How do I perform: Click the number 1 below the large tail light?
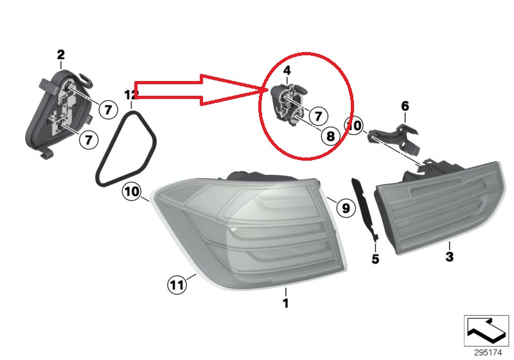coord(286,303)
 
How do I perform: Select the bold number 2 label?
coord(61,55)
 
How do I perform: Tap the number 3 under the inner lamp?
coord(449,256)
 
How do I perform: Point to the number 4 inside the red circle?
coord(287,70)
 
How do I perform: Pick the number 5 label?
coord(375,259)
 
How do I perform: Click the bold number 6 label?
coord(405,106)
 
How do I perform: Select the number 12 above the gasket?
coord(131,95)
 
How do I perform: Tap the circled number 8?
coord(330,135)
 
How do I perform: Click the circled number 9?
coord(346,208)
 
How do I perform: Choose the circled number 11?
coord(177,284)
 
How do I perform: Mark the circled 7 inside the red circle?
coord(317,116)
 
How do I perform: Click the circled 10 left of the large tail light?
coord(132,192)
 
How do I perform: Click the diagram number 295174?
coord(488,353)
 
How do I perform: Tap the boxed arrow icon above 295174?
coord(486,330)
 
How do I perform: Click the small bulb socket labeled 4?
coord(288,104)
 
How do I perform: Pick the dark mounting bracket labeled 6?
coord(394,138)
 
